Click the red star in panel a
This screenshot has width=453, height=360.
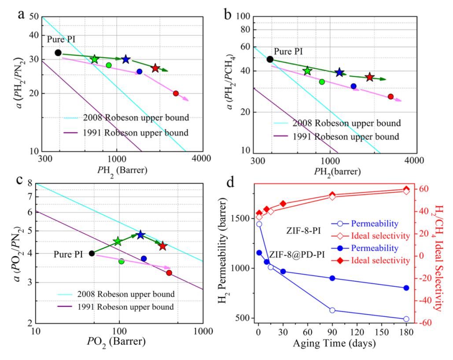(x=155, y=68)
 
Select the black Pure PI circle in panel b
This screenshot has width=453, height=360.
(x=270, y=59)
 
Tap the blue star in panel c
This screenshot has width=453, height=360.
(x=140, y=235)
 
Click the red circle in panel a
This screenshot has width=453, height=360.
(x=176, y=93)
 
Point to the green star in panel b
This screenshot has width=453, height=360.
(x=307, y=71)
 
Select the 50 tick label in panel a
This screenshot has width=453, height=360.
(x=33, y=17)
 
